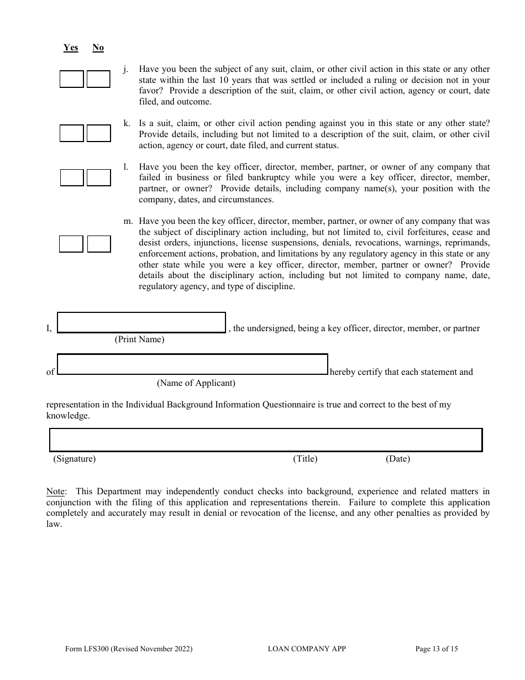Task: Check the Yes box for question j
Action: tap(71, 79)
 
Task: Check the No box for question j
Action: tap(98, 79)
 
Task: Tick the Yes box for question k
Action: tap(71, 133)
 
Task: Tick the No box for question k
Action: tap(98, 133)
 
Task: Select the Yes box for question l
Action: tap(71, 177)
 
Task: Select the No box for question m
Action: tap(99, 244)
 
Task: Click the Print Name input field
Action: tap(141, 322)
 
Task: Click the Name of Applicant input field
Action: tap(192, 364)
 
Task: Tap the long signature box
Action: tap(265, 440)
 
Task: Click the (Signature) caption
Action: tap(74, 459)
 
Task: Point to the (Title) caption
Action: tap(305, 459)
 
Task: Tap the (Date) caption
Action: tap(398, 459)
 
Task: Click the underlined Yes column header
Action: tap(71, 48)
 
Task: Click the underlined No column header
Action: tap(98, 48)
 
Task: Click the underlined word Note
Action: tap(55, 491)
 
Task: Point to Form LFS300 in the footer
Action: tap(129, 649)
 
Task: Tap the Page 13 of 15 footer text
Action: tap(437, 649)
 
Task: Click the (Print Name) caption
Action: tap(139, 339)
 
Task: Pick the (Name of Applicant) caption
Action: tap(196, 383)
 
